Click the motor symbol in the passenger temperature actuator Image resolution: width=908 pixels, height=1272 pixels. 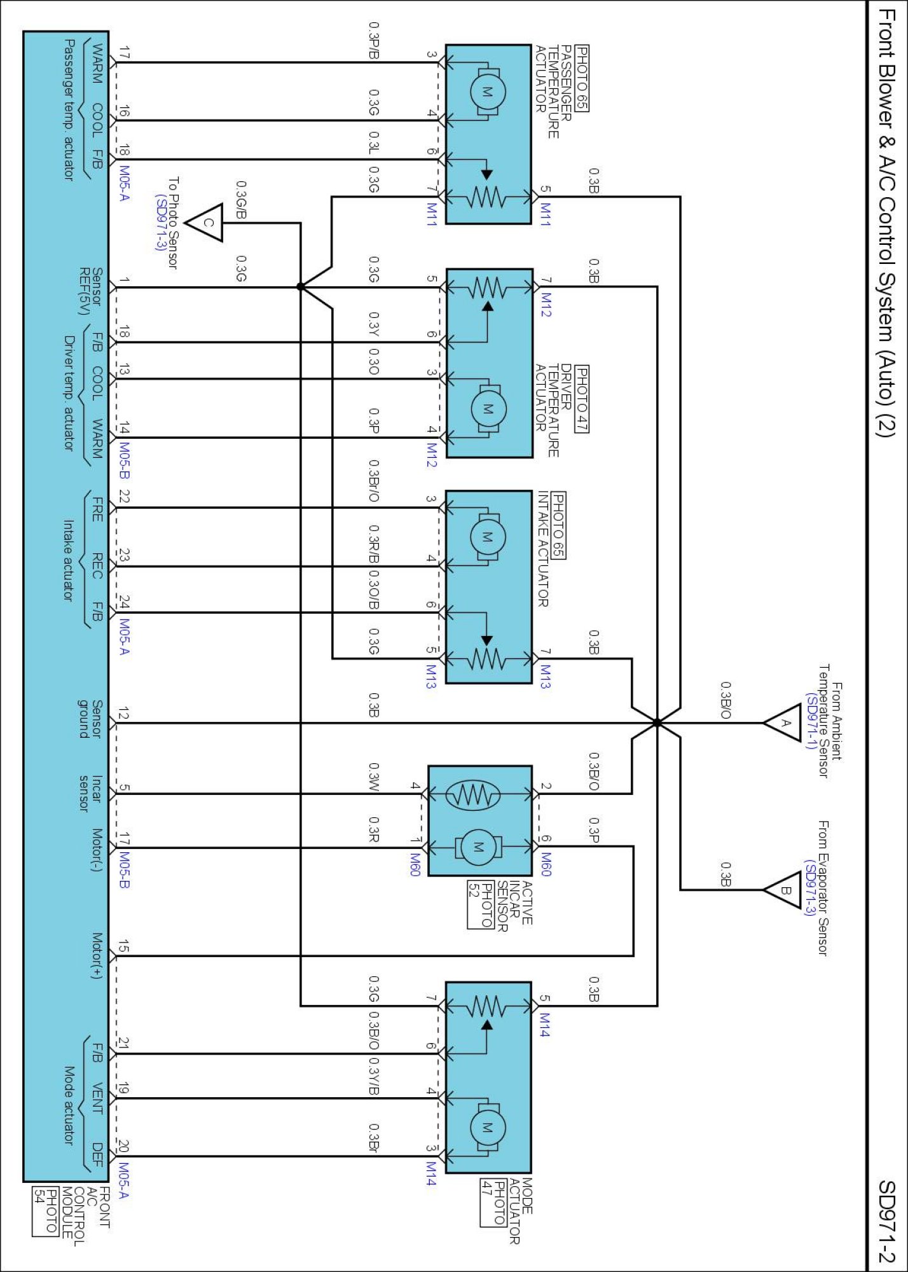pos(488,92)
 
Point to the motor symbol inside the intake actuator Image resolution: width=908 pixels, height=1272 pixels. pos(488,537)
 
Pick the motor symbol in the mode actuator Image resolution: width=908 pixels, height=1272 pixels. pos(488,1128)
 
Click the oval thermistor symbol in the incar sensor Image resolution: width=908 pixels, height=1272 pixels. pos(472,794)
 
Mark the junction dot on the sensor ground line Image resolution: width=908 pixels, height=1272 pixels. pos(657,722)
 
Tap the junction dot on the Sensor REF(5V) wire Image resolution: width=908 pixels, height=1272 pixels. pos(301,287)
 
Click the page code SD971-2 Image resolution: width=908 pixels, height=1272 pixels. pos(886,1221)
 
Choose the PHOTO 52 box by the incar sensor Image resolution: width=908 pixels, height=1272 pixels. pos(481,904)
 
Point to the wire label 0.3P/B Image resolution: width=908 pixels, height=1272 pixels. pos(375,41)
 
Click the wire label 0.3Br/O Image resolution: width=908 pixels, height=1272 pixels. pos(375,481)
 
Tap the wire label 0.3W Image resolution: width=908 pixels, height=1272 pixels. pos(375,777)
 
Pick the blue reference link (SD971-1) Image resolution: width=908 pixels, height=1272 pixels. pos(811,722)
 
